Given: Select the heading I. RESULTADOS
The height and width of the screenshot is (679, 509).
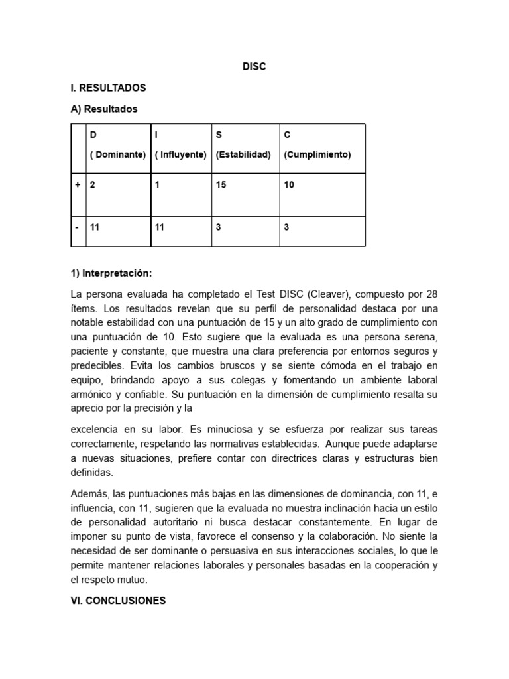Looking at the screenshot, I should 108,88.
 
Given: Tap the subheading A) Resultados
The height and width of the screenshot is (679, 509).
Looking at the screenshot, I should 104,109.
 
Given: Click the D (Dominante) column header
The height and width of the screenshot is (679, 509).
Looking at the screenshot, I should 118,145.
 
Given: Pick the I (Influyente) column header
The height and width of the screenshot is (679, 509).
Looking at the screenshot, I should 181,145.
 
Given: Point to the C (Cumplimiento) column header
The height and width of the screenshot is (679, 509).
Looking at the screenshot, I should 317,145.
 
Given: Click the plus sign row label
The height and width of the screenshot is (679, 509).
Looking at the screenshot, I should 78,185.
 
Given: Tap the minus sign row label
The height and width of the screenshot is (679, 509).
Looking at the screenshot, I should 78,227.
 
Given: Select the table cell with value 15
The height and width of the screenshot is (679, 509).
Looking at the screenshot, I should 221,185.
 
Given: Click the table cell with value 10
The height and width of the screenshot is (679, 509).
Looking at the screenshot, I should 289,185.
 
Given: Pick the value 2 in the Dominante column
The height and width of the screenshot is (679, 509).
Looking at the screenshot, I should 93,185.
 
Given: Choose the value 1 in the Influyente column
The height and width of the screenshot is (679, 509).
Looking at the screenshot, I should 157,185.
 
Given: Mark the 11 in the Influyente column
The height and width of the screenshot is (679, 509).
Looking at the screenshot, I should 159,227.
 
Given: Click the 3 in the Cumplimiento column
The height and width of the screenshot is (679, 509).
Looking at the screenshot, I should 286,227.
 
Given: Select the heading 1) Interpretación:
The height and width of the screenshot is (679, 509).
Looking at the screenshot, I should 111,273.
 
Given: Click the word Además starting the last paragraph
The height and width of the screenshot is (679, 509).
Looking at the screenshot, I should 89,492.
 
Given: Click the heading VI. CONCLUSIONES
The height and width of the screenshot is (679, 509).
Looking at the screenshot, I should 118,601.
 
